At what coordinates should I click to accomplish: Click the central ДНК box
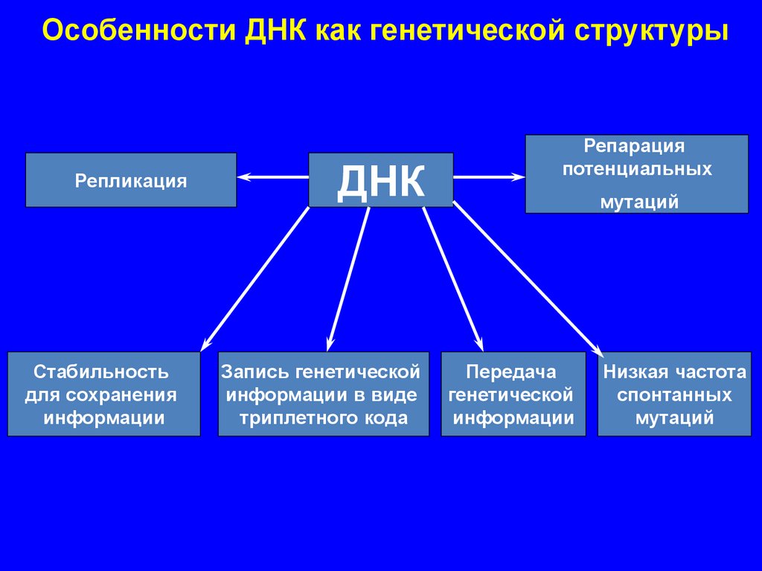[380, 179]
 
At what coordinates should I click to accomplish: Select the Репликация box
[131, 180]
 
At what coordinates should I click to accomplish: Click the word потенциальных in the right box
[637, 169]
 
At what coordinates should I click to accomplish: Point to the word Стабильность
[102, 371]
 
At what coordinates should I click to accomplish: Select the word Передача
[511, 371]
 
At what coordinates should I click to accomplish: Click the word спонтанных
[674, 395]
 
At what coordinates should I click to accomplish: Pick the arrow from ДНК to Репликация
[273, 177]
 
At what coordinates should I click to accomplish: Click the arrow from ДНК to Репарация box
[489, 177]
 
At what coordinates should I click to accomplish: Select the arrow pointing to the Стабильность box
[255, 278]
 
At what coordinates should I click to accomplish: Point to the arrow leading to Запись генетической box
[348, 278]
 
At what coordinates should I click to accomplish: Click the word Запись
[254, 371]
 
